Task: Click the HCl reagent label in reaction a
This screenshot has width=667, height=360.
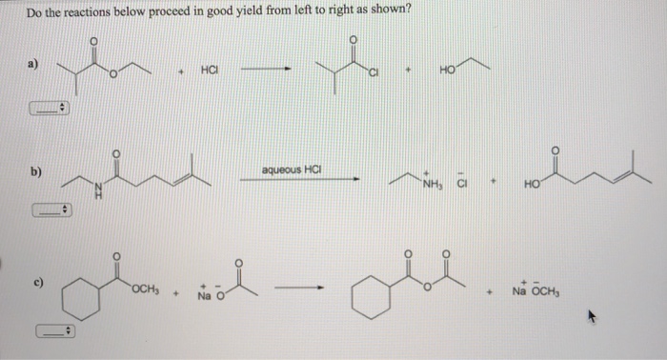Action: coord(211,70)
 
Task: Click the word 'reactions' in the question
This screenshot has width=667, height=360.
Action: coord(89,11)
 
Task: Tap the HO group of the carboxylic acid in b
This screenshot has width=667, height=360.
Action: coord(530,184)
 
